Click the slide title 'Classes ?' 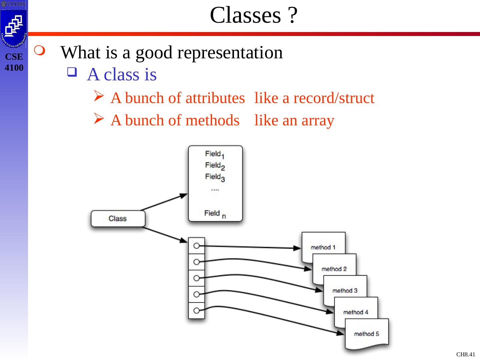point(253,16)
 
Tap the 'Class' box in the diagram point(118,219)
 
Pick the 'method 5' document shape point(366,334)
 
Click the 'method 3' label point(345,290)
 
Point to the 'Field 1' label point(215,154)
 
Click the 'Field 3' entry point(215,177)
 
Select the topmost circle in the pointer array point(196,246)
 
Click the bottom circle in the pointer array point(196,310)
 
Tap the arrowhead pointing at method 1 point(297,248)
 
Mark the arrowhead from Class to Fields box point(184,195)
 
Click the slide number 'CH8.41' point(466,354)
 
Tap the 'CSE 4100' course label point(14,62)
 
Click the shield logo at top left point(14,28)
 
